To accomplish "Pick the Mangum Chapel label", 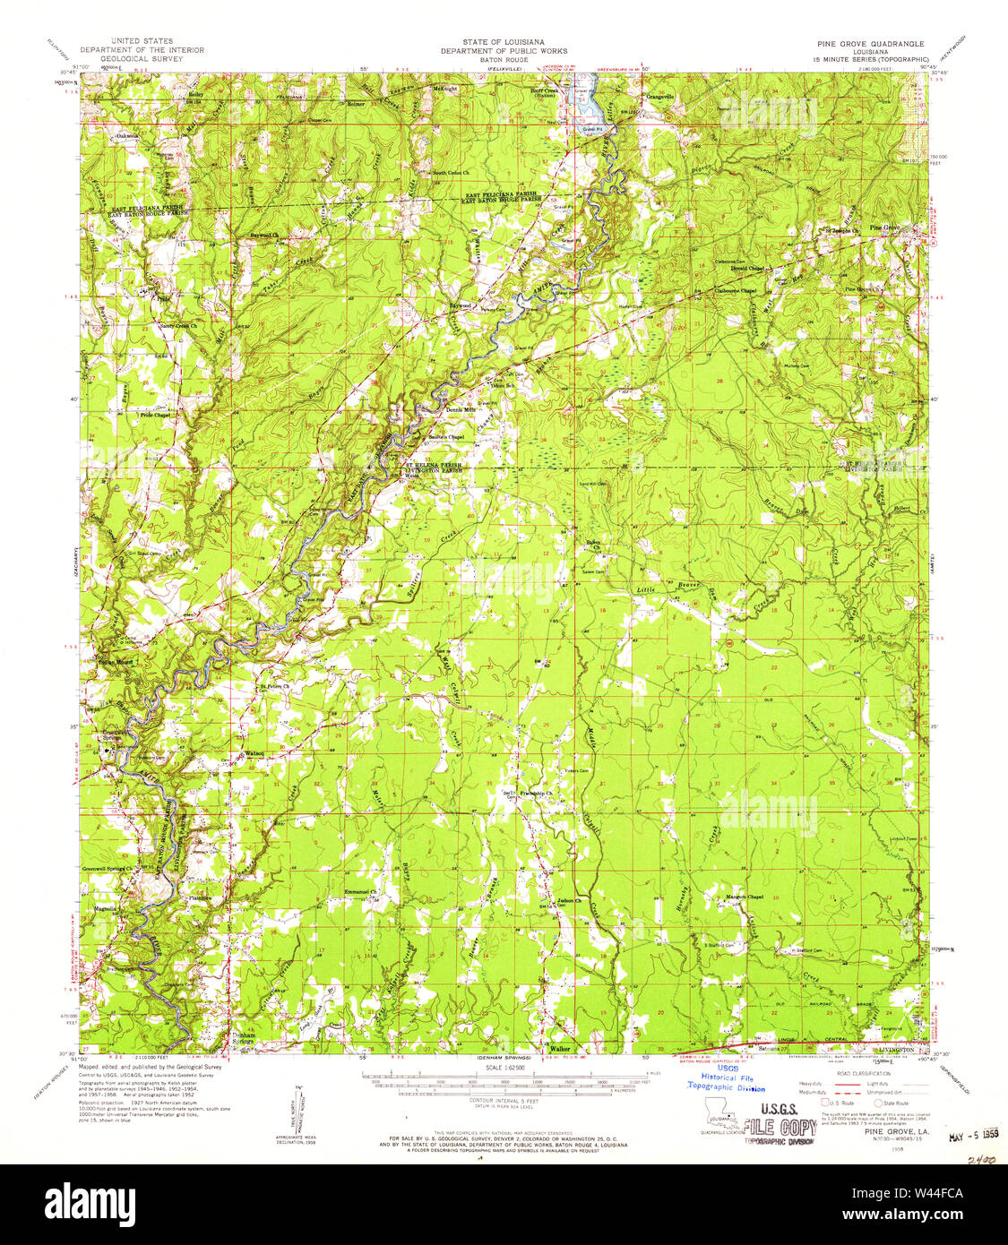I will click(x=745, y=897).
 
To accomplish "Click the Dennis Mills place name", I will click(x=460, y=410).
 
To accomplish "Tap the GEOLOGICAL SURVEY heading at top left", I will click(x=142, y=58).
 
